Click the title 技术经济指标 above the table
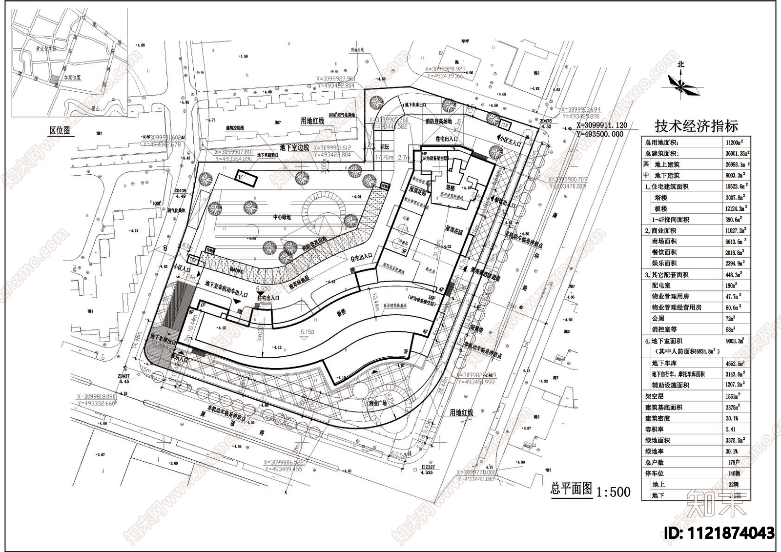click(x=696, y=126)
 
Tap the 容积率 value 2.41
click(x=730, y=429)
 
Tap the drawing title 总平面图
click(x=571, y=489)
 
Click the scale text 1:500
click(x=614, y=491)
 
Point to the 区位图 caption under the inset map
click(x=60, y=130)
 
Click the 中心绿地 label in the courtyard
click(x=282, y=217)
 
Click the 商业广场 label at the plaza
click(x=377, y=404)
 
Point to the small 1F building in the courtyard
click(x=247, y=178)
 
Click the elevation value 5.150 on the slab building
click(x=308, y=332)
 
